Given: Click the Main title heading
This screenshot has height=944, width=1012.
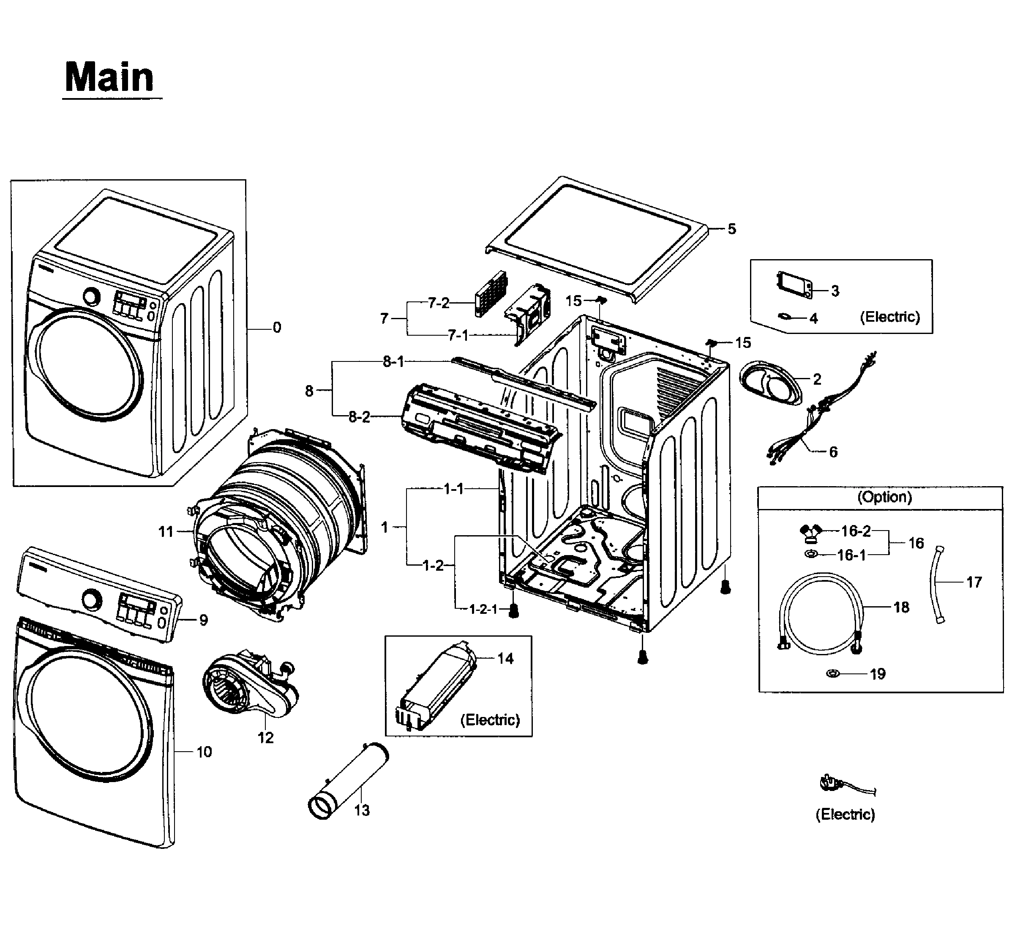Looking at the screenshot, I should click(x=109, y=77).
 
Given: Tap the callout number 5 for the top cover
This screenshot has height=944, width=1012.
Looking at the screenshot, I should click(x=731, y=229).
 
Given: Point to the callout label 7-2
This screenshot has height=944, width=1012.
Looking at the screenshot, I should click(x=438, y=304).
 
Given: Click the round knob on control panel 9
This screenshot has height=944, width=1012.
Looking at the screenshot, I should click(x=92, y=599).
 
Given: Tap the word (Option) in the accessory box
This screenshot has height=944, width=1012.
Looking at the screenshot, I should click(x=884, y=497).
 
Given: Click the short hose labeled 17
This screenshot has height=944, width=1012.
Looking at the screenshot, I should click(x=938, y=585).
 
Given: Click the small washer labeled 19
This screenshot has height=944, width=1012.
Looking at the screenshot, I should click(x=832, y=673).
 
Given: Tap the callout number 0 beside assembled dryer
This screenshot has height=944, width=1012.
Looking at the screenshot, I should click(x=276, y=327).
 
